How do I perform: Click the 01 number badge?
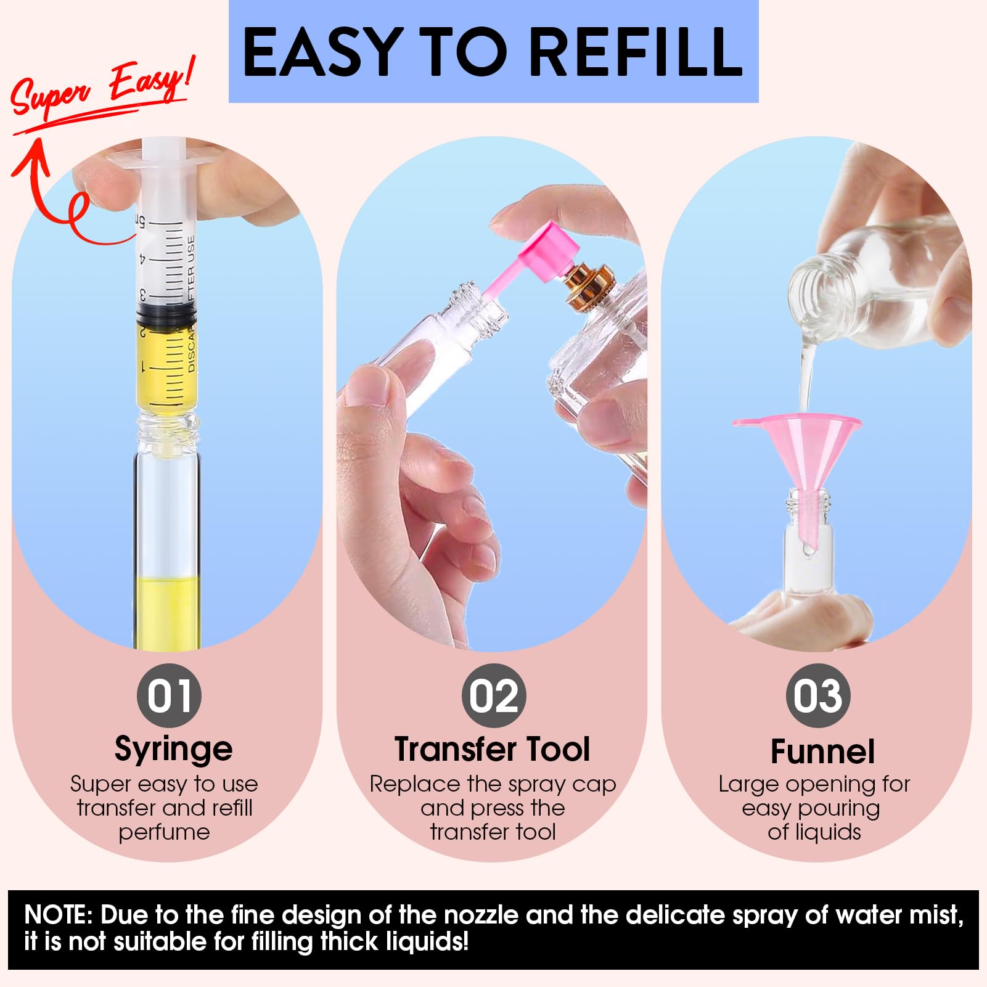coord(169,695)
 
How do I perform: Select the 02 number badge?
coord(494,695)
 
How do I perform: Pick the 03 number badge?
coord(818,695)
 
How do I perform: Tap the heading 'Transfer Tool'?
coord(492,749)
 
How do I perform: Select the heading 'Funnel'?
coord(822,752)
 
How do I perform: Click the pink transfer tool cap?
coord(551,253)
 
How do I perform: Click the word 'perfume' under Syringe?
coord(164,833)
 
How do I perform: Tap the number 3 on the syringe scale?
coord(143,295)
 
